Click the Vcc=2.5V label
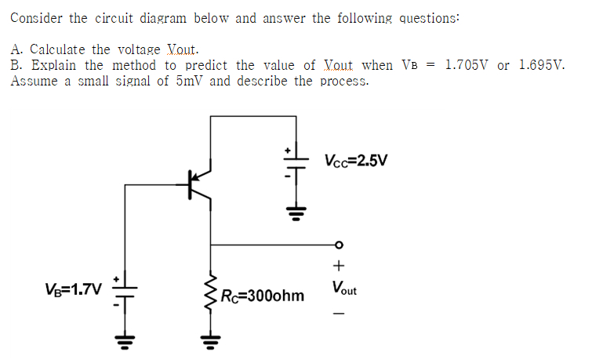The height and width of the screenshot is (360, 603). [355, 161]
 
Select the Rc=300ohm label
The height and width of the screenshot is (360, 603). [262, 296]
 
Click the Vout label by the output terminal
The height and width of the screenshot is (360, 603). [343, 289]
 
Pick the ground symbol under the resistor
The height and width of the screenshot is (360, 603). [210, 340]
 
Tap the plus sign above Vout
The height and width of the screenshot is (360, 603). [339, 265]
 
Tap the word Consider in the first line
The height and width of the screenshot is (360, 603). [36, 17]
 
